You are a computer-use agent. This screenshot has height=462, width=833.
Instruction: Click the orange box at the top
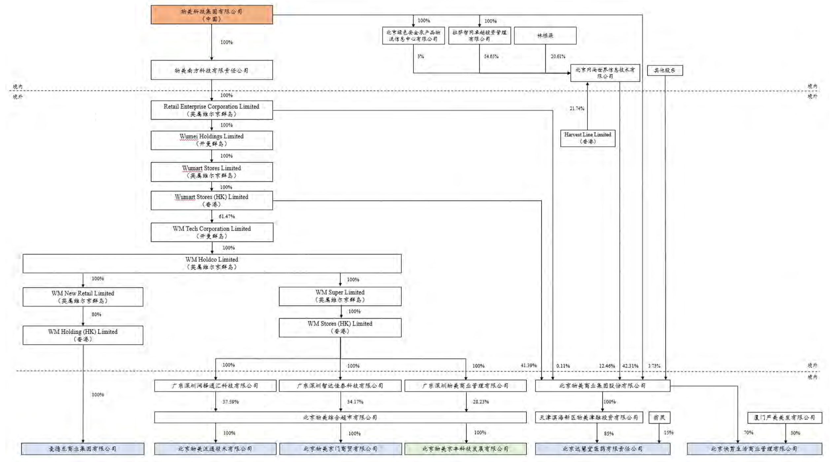click(x=212, y=15)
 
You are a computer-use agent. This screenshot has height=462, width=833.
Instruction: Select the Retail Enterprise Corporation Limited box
click(x=212, y=110)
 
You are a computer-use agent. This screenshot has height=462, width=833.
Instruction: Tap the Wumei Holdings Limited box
click(x=212, y=140)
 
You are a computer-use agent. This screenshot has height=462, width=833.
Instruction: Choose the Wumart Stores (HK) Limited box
click(x=212, y=200)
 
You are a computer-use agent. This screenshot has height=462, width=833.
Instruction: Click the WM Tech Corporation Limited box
click(x=212, y=232)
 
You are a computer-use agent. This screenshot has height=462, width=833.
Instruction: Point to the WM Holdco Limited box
click(x=212, y=263)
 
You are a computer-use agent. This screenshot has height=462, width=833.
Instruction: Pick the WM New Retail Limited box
click(x=83, y=296)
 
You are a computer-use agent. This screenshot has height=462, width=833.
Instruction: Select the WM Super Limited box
click(x=340, y=296)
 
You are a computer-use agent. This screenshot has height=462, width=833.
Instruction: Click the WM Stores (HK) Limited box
click(x=340, y=327)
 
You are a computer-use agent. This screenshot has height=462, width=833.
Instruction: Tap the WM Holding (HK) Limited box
click(x=83, y=335)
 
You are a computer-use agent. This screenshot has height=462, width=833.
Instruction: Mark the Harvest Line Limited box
click(x=587, y=138)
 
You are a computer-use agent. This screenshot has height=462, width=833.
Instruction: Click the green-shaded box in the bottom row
click(x=465, y=449)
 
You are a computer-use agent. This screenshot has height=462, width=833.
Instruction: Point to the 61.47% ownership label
click(x=227, y=216)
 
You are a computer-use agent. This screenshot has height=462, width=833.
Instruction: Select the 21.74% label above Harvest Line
click(x=577, y=108)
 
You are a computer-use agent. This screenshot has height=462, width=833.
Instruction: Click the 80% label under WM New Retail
click(x=96, y=314)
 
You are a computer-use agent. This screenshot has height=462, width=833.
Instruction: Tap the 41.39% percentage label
click(x=528, y=366)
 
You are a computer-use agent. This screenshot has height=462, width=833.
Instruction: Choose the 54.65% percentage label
click(x=491, y=57)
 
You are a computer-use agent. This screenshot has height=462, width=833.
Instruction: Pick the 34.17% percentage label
click(x=355, y=402)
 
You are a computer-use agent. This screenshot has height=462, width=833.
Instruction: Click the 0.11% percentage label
click(x=563, y=366)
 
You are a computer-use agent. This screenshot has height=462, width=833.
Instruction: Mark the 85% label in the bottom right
click(x=609, y=434)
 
